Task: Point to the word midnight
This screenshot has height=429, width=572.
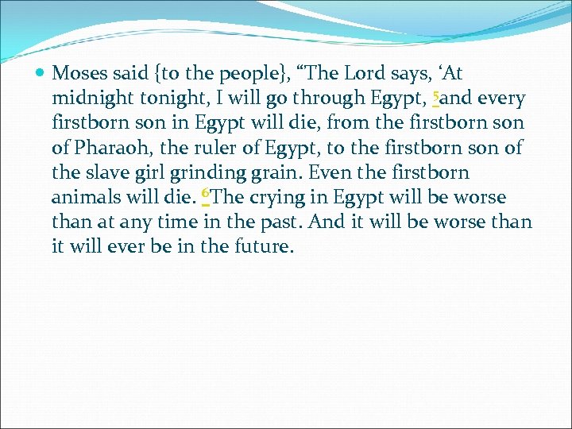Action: [x=87, y=99]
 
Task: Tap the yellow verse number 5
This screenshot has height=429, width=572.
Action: [x=435, y=96]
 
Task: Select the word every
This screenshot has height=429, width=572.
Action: [x=500, y=99]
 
